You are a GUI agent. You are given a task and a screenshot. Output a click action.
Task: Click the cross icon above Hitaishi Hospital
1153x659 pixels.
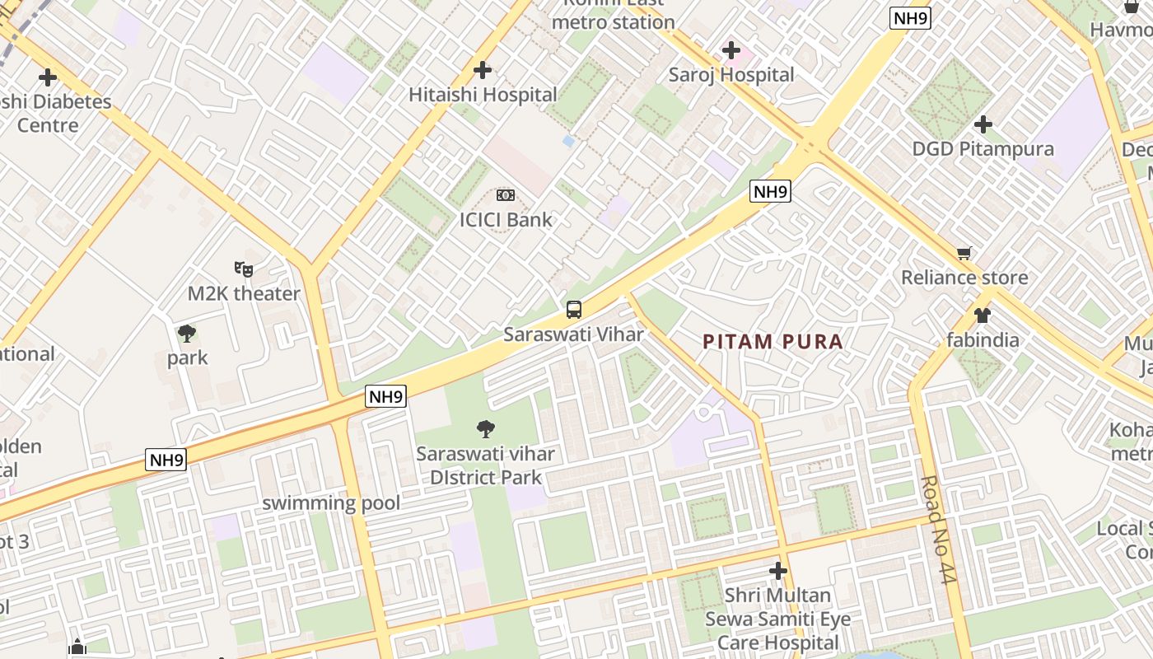pos(483,70)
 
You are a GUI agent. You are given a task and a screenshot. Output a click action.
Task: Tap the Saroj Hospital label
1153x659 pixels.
pos(731,75)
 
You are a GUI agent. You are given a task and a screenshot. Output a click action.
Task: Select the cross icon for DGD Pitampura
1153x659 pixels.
pos(983,124)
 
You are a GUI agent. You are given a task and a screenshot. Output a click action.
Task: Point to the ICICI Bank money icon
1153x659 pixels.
pos(506,195)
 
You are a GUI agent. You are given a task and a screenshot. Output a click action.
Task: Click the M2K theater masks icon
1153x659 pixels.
pos(244,269)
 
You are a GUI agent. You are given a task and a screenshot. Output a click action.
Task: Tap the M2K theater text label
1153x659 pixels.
pos(244,293)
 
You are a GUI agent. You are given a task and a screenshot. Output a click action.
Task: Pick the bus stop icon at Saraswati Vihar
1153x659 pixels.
pos(574,310)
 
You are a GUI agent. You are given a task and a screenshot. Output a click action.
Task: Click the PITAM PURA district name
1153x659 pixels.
pos(773,341)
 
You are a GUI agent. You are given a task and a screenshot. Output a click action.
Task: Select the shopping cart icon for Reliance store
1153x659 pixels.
pos(964,253)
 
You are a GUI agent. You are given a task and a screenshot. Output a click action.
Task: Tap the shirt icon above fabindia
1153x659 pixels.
pos(982,315)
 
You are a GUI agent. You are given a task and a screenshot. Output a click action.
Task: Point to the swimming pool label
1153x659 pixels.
pos(331,502)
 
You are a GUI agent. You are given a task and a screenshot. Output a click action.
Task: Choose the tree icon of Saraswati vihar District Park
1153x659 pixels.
pos(486,428)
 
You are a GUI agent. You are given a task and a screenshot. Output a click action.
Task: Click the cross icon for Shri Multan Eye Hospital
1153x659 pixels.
pos(777,570)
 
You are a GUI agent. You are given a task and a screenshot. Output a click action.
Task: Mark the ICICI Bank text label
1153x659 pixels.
pos(506,220)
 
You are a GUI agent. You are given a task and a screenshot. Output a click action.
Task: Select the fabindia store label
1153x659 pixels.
pos(982,339)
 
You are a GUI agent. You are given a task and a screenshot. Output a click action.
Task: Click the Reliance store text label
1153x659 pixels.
pos(964,277)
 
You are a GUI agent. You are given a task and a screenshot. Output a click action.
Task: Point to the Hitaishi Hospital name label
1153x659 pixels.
pos(483,95)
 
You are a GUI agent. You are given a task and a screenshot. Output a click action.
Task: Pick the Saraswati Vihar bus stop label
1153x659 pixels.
pos(574,334)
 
